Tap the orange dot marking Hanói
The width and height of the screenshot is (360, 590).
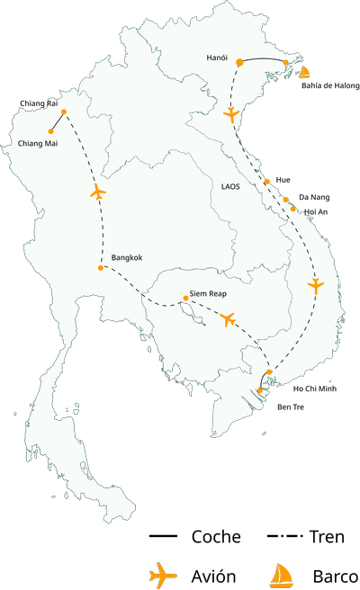[x=239, y=63]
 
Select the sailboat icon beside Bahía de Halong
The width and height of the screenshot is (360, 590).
[x=304, y=72]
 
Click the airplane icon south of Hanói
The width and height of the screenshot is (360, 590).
[x=233, y=115]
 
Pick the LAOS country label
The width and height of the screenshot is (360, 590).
[x=230, y=186]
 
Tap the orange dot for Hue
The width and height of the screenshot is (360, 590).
[x=267, y=181]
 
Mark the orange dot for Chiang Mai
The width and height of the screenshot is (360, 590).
[x=51, y=131]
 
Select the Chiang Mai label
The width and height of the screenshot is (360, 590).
[x=39, y=143]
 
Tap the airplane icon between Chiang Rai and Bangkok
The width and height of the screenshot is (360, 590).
[x=98, y=192]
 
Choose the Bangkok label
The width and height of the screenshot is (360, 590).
[x=127, y=258]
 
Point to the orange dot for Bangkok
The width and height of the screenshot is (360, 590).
[x=100, y=267]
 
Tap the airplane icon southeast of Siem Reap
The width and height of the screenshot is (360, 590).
[x=228, y=319]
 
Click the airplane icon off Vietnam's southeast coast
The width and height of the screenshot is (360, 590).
[x=315, y=286]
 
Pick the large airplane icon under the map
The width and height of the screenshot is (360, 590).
[x=163, y=574]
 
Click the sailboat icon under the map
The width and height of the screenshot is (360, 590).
[x=282, y=574]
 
